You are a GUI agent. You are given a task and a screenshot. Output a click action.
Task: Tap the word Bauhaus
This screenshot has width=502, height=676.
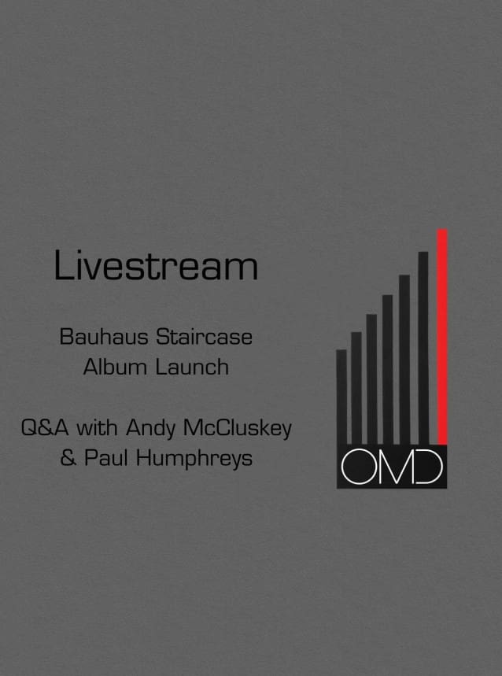pos(104,337)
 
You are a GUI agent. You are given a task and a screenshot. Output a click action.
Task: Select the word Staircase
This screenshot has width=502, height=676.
pos(204,337)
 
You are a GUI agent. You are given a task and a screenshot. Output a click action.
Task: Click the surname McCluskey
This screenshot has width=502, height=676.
pos(238,430)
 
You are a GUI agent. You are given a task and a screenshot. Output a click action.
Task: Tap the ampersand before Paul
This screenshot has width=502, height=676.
pos(68,458)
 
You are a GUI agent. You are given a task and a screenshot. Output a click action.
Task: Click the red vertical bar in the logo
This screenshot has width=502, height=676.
pos(442,337)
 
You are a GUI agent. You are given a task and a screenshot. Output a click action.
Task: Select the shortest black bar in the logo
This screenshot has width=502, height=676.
pos(341,397)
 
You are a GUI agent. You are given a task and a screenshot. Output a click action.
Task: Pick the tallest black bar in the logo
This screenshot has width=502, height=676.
pos(423,349)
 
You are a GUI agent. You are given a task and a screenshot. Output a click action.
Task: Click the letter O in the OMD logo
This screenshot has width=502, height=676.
pos(356,467)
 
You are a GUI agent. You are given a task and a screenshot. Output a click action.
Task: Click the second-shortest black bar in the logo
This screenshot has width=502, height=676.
pos(356,389)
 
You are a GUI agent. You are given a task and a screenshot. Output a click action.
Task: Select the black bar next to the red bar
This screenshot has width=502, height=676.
pos(423,349)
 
